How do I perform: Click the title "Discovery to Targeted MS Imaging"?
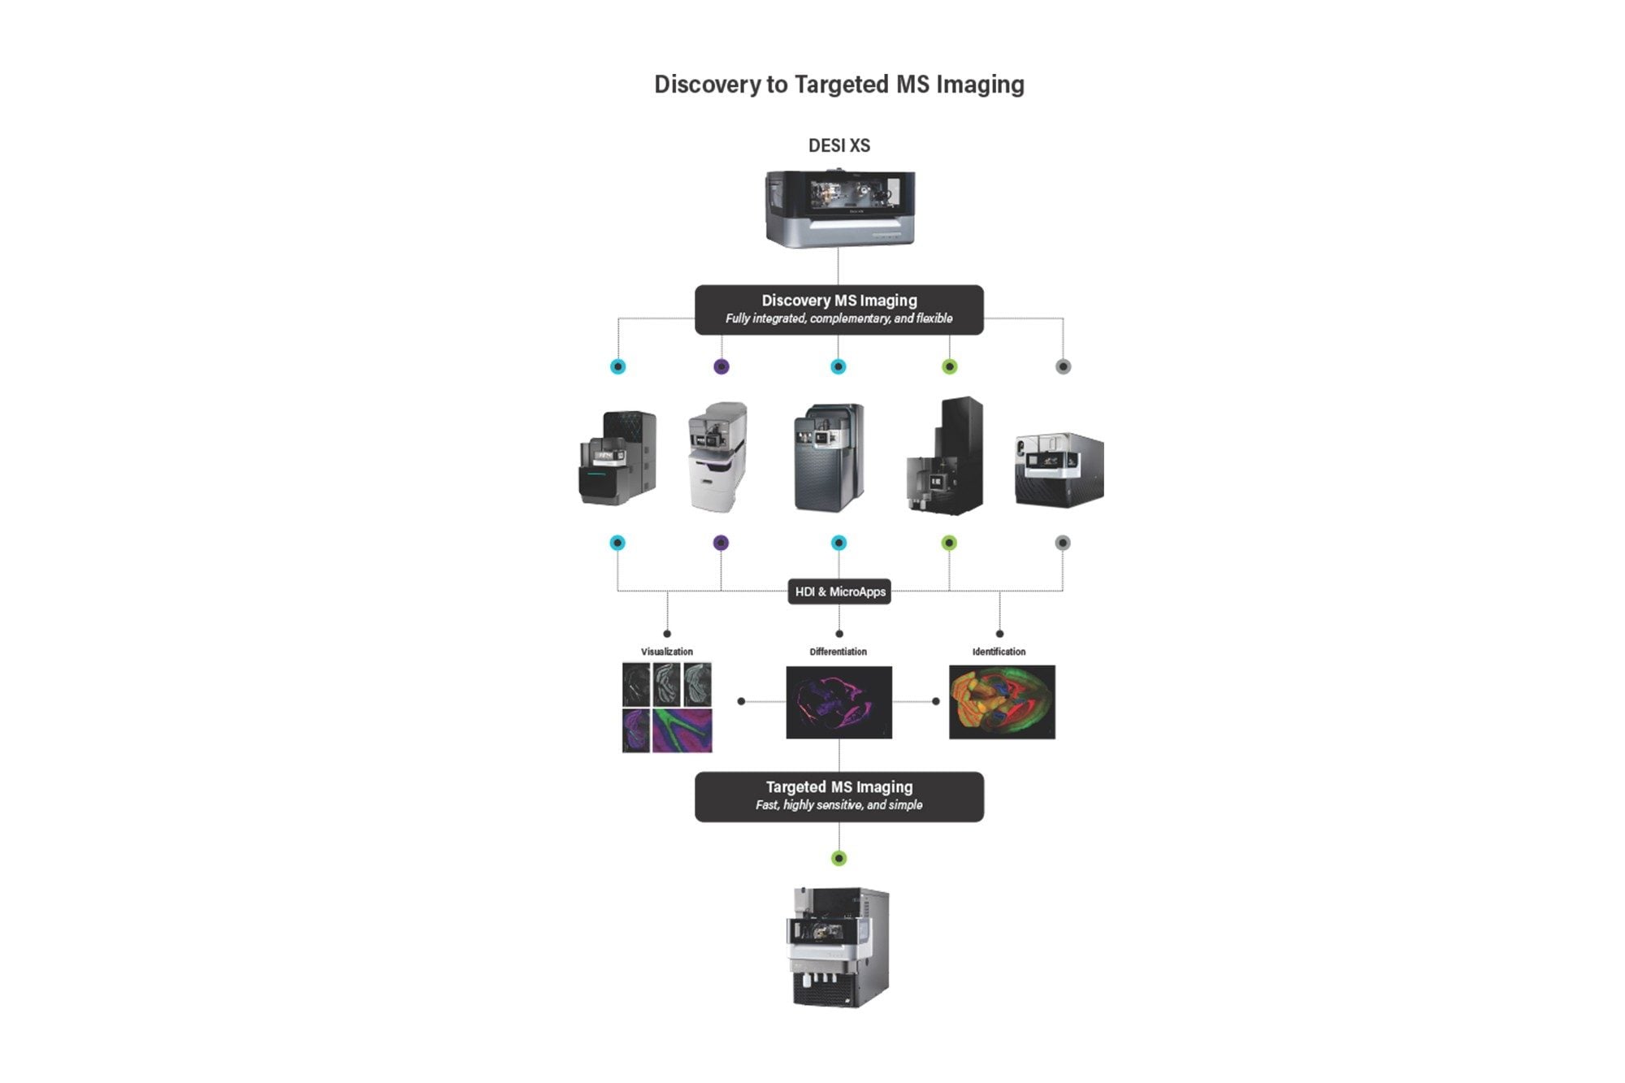click(x=838, y=84)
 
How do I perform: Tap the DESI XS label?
click(x=838, y=145)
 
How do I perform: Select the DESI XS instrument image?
click(x=839, y=207)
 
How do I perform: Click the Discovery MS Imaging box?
click(x=838, y=309)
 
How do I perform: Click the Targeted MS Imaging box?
click(x=838, y=796)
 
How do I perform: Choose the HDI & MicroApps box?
click(x=839, y=591)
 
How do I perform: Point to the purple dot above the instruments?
click(x=721, y=366)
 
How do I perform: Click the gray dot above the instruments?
click(x=1063, y=366)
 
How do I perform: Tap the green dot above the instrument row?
click(x=949, y=366)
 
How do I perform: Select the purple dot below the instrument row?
click(x=721, y=543)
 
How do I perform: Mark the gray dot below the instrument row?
click(x=1063, y=543)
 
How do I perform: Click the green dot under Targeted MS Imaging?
click(x=839, y=858)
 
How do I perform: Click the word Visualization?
click(x=667, y=652)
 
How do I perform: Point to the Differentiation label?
click(x=838, y=652)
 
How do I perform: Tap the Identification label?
click(x=999, y=652)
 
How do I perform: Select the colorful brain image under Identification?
click(x=1002, y=702)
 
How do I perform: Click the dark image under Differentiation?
click(x=838, y=702)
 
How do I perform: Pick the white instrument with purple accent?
click(x=717, y=457)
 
